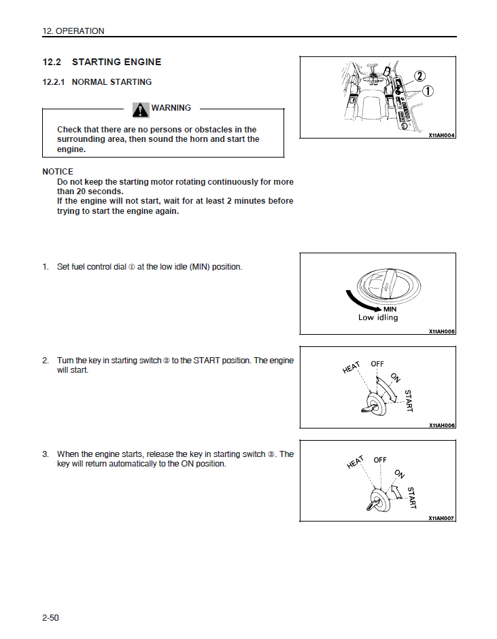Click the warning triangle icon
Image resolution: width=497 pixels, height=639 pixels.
pos(141,109)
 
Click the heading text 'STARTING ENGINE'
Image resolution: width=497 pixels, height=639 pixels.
pos(116,62)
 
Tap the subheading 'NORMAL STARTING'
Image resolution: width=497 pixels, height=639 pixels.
pos(112,82)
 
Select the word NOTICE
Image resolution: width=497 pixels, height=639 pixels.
pos(58,172)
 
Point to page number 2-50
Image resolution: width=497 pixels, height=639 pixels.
pos(51,617)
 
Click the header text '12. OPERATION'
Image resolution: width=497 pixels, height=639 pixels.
pos(73,31)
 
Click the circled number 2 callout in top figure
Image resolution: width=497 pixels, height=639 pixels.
pos(419,77)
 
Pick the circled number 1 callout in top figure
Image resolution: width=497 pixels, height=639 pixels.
pos(428,91)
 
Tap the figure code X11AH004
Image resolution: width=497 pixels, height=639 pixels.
pos(441,135)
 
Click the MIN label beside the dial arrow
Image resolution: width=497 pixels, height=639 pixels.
pos(390,310)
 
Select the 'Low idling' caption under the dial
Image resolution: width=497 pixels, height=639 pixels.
pos(378,318)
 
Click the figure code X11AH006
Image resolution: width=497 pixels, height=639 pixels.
pos(441,425)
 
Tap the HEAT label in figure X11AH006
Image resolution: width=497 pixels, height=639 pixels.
pos(352,368)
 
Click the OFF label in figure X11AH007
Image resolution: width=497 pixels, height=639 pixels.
pos(380,460)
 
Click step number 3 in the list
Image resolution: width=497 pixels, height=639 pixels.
pos(46,454)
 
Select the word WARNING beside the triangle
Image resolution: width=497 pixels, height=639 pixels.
pos(171,108)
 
